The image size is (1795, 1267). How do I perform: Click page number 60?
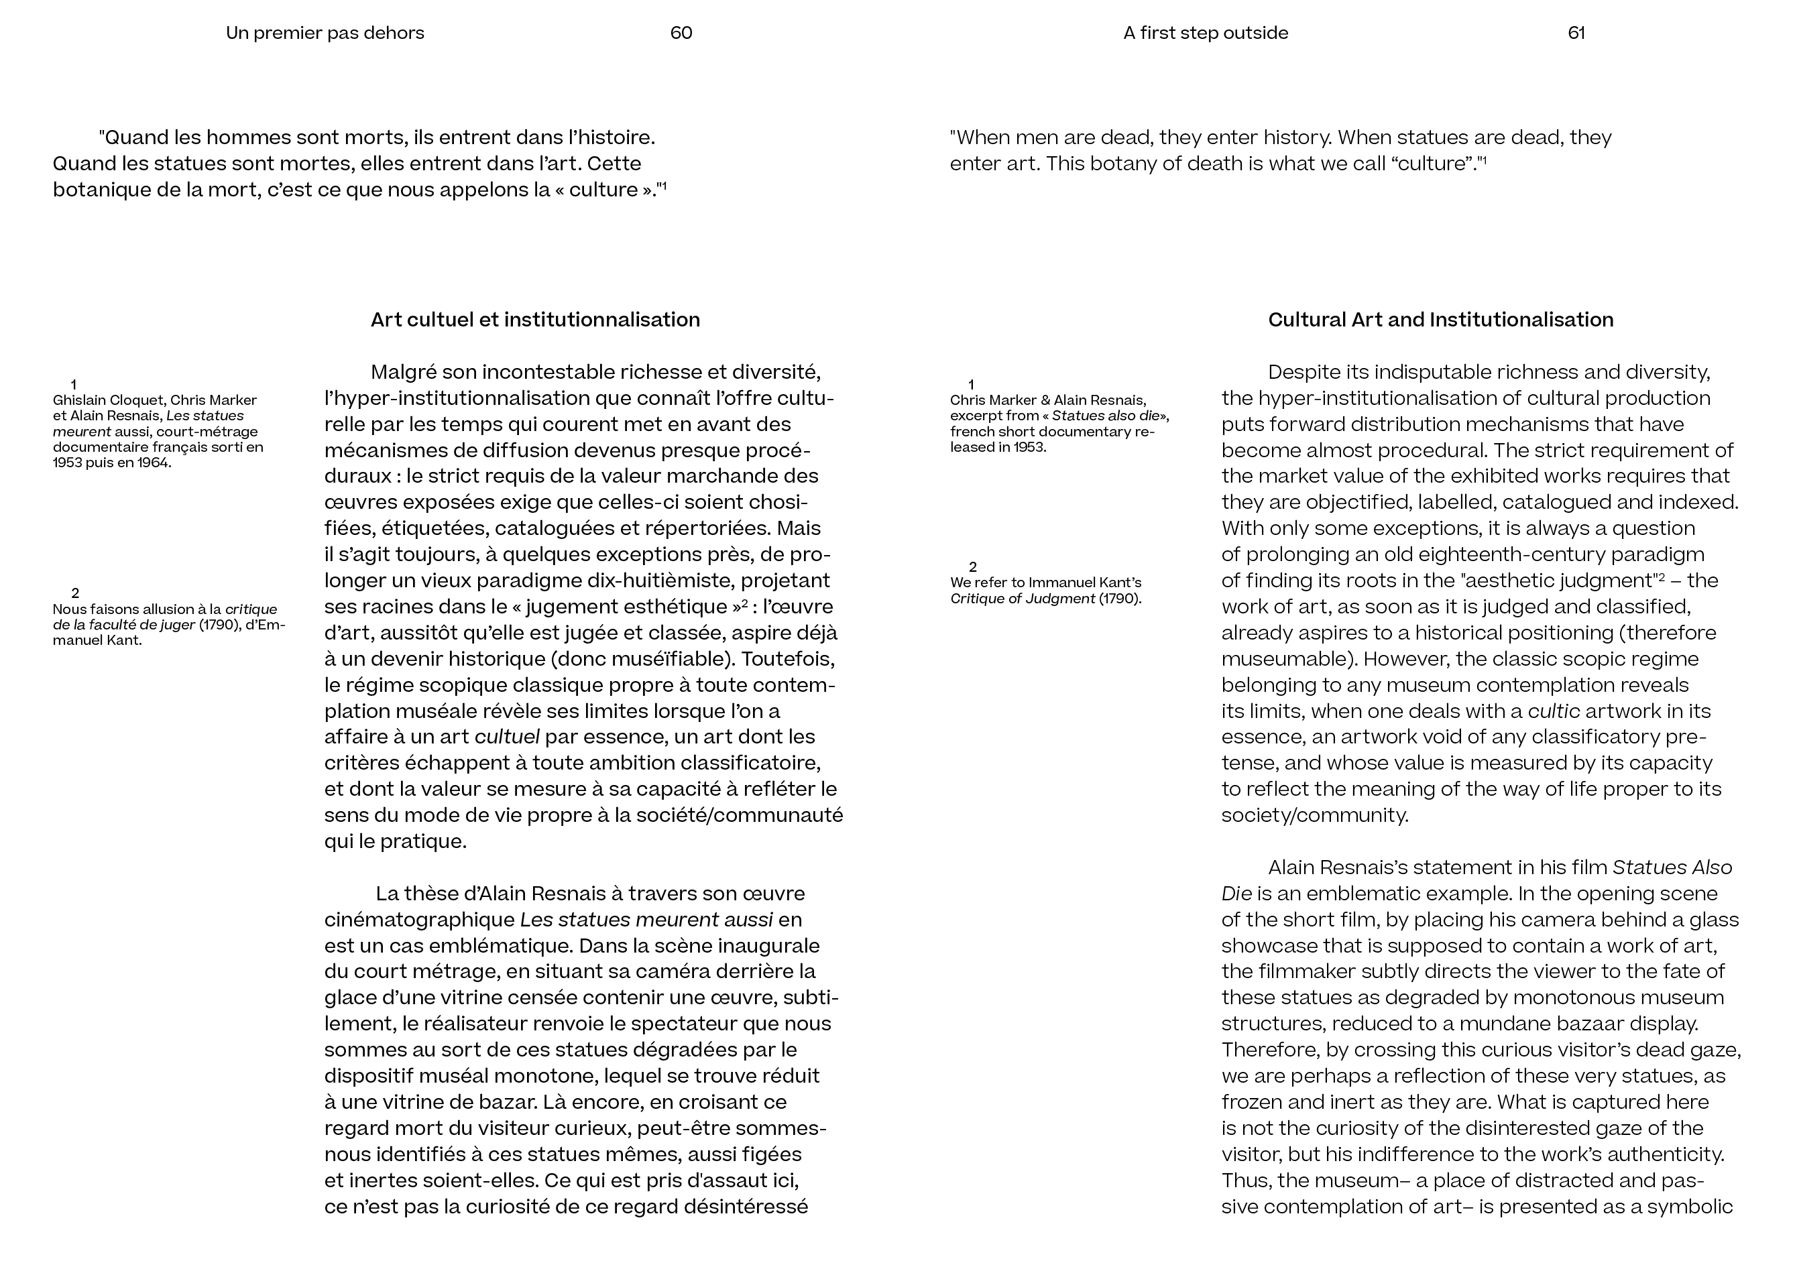click(681, 33)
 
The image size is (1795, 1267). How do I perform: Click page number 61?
click(1576, 33)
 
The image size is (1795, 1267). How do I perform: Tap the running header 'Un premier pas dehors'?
click(325, 33)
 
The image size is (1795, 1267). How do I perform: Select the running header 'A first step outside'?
click(1206, 33)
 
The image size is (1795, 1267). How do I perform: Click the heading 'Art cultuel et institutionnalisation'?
click(535, 320)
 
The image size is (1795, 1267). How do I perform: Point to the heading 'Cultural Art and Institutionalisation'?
click(1440, 320)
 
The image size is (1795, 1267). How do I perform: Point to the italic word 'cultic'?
click(1554, 711)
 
